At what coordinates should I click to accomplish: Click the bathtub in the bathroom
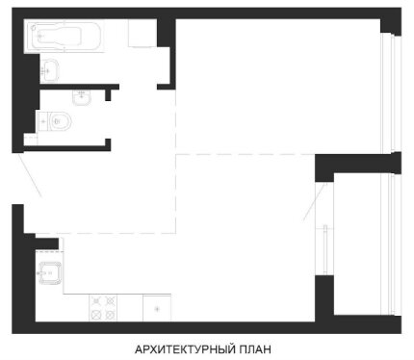[65, 37]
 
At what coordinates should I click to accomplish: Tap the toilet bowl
[61, 121]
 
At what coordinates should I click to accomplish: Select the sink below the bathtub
[49, 69]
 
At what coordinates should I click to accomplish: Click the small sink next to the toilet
[82, 97]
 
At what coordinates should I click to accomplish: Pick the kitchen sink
[50, 273]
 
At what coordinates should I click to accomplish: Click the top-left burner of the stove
[96, 301]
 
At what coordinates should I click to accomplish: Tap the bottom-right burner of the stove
[110, 315]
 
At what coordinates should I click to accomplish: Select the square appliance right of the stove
[157, 308]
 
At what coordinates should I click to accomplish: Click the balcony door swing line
[315, 201]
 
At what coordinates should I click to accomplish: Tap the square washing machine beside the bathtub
[142, 34]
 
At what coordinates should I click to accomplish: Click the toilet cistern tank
[43, 121]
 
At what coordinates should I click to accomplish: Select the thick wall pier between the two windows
[358, 164]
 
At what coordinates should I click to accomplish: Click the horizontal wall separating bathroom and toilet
[80, 87]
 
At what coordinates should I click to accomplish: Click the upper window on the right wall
[391, 93]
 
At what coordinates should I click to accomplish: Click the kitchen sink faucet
[42, 273]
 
